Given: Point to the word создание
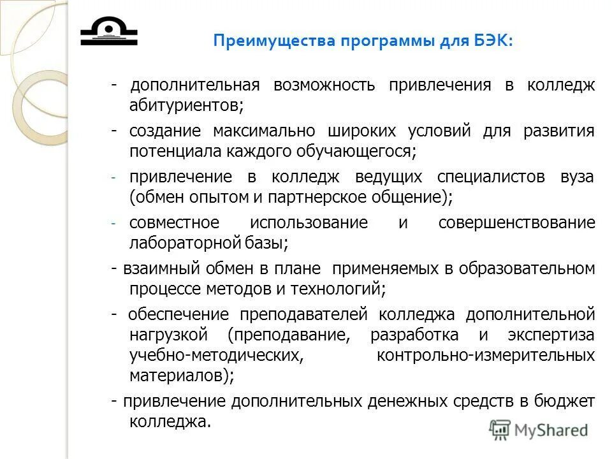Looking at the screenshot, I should click(x=165, y=132).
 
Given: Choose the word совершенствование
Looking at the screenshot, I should click(x=517, y=223).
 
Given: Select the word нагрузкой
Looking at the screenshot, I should click(x=170, y=334).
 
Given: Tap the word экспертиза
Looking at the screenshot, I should click(x=551, y=334).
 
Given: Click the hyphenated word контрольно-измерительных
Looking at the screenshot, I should click(x=486, y=354).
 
